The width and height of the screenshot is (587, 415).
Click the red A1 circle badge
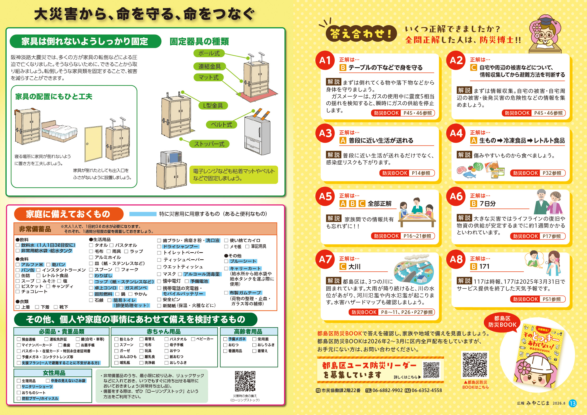point(325,60)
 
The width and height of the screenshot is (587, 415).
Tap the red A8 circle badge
point(456,259)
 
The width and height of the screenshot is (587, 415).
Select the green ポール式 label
point(209,53)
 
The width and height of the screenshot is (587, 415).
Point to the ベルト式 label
point(221,124)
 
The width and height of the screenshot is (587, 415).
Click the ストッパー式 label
point(209,144)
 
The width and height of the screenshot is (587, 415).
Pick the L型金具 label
point(213,105)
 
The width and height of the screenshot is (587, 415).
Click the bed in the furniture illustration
point(59,131)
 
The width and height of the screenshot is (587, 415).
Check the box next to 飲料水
point(18,245)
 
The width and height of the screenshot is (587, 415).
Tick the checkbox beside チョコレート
point(18,291)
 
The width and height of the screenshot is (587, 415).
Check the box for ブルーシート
point(226,261)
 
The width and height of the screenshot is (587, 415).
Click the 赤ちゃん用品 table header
point(164,332)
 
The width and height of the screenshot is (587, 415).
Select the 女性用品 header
point(53,373)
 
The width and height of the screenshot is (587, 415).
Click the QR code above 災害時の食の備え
point(245,381)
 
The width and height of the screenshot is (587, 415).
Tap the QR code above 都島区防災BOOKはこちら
point(475,365)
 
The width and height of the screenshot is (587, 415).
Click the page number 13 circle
point(573,403)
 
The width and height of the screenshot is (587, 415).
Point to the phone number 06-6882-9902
point(387,390)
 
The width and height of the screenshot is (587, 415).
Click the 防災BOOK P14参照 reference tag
point(407,173)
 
